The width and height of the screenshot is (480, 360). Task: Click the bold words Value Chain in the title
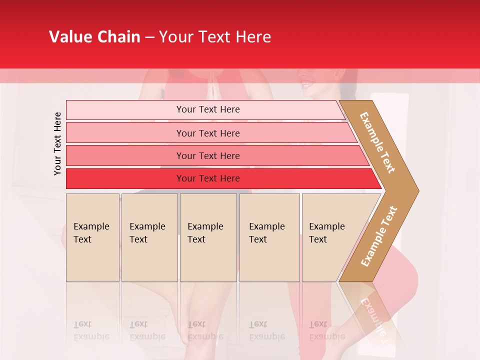pos(94,37)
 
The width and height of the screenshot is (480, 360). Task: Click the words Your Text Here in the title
pos(215,37)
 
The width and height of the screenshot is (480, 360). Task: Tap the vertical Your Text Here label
pos(57,143)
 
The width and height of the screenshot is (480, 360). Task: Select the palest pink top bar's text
pos(208,109)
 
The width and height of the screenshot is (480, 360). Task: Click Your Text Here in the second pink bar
pos(208,133)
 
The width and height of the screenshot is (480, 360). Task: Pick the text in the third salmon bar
pos(208,155)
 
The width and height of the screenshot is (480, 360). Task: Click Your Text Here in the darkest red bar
pos(208,178)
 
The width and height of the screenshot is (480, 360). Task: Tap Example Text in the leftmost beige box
pos(91,233)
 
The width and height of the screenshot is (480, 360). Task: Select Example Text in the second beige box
pos(147,233)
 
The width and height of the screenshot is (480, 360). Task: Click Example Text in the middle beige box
pos(205,233)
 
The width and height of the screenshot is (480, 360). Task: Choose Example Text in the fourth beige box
pos(266,233)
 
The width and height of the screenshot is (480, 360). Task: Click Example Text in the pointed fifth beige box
pos(326,233)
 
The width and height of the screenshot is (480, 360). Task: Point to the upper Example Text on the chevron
pos(377,142)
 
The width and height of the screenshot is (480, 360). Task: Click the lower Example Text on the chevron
pos(378,236)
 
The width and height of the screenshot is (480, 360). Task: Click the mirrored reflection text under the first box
pos(91,330)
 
